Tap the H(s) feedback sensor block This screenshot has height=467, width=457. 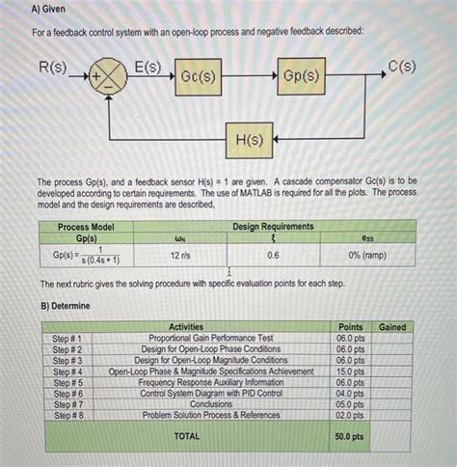point(250,139)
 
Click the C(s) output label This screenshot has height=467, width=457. point(402,67)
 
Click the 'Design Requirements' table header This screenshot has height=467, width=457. point(274,226)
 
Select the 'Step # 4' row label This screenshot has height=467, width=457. point(67,371)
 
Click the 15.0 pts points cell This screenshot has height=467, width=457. point(349,371)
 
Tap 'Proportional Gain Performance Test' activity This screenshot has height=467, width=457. point(211,339)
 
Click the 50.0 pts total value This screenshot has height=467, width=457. point(349,436)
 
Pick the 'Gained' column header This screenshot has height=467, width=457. point(392,328)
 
